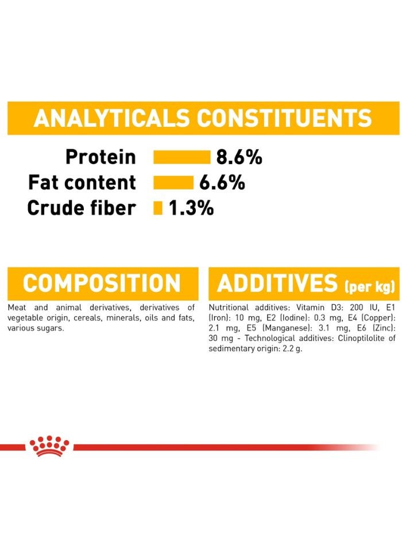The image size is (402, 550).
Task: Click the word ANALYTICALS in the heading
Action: (x=112, y=118)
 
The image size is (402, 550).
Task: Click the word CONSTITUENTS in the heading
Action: (x=284, y=118)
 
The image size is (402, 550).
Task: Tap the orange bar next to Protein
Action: (x=182, y=157)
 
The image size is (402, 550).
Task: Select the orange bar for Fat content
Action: (x=173, y=183)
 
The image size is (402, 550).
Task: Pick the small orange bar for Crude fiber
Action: (x=158, y=208)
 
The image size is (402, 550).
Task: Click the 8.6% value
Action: (x=239, y=157)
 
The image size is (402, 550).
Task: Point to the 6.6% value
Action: (x=222, y=183)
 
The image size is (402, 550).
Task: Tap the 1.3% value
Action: (x=191, y=208)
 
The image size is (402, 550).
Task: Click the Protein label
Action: (x=100, y=157)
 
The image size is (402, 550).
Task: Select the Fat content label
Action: (x=82, y=183)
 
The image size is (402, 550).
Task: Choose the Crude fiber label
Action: (x=82, y=208)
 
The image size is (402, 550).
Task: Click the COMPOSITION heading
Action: (x=102, y=284)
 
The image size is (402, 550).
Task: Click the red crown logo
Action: (x=49, y=446)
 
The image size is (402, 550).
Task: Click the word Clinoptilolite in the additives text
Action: (x=351, y=339)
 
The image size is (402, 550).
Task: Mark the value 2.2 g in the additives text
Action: (x=292, y=349)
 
